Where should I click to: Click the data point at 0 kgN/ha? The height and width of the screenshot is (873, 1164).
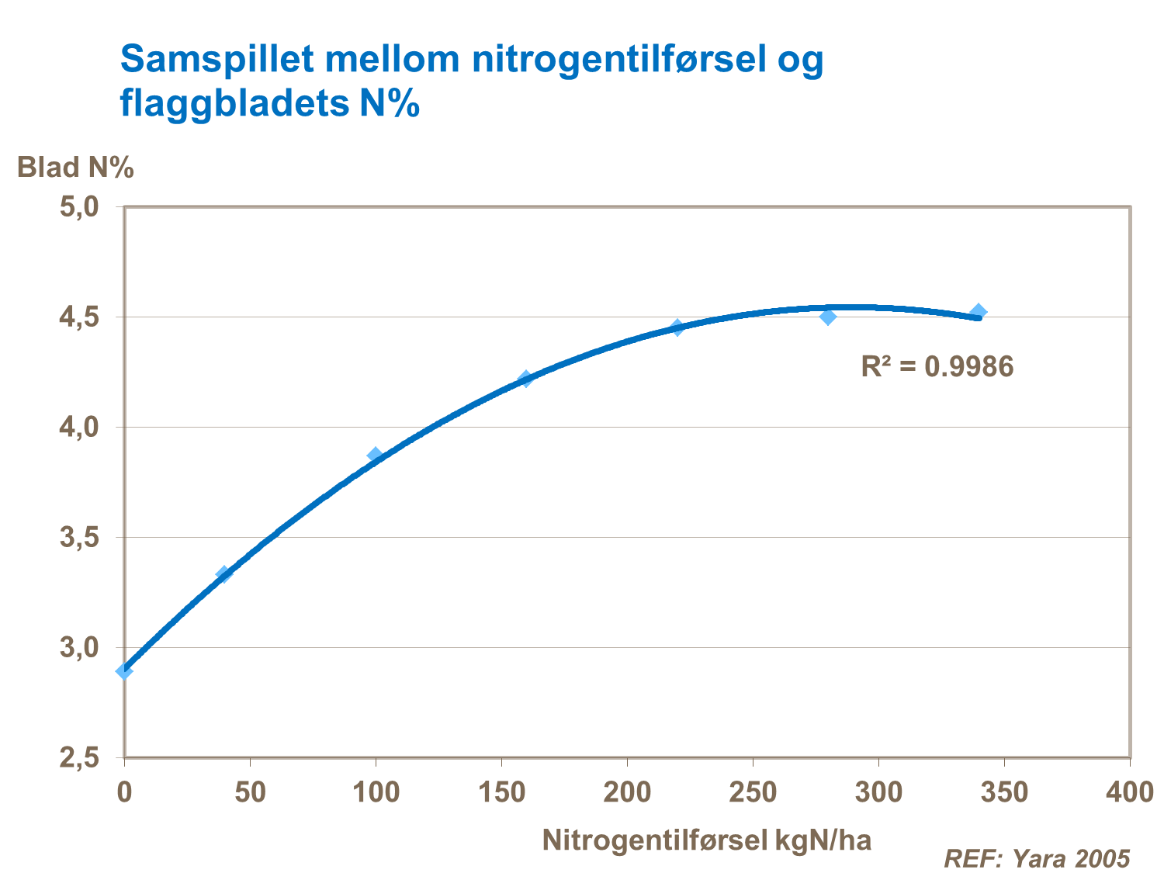124,670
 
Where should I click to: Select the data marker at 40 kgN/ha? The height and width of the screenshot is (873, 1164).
224,574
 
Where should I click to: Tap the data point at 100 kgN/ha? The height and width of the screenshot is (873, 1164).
376,455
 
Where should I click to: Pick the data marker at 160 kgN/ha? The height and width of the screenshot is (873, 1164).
526,379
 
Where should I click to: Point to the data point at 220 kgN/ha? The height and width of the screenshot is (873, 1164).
677,327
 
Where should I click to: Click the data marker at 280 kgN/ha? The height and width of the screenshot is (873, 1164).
828,317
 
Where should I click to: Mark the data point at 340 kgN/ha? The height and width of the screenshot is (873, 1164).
979,312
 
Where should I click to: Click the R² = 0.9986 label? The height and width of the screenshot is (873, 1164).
937,366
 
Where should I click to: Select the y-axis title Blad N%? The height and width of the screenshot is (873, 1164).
76,168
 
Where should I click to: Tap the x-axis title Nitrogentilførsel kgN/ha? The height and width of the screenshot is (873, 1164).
706,840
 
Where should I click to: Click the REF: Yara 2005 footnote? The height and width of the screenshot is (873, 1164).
1037,858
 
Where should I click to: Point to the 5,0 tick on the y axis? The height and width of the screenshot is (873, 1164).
80,206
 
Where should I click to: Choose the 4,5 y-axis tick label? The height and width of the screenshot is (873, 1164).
80,317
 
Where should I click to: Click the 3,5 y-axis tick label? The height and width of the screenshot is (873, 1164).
80,538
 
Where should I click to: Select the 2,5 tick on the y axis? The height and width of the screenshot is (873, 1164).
80,758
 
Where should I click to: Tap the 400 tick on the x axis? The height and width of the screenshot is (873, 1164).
1129,792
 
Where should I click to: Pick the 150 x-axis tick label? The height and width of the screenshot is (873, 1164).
501,792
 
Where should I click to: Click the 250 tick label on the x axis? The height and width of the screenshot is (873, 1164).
753,792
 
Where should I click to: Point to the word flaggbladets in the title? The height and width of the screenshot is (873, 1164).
234,104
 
